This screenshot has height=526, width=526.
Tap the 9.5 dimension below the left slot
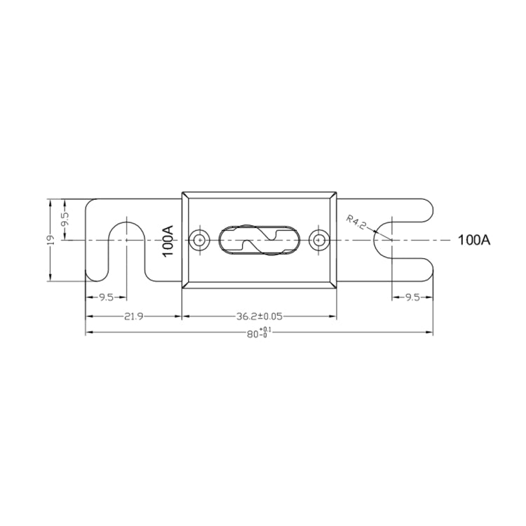(106, 297)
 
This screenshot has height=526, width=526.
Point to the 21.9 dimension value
(134, 316)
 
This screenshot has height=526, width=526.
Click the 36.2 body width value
(247, 316)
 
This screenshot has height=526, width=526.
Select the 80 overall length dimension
(252, 335)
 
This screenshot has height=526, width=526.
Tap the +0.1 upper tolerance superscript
(264, 330)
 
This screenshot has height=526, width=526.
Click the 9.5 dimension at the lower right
(412, 297)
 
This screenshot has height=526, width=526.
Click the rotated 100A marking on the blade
(168, 241)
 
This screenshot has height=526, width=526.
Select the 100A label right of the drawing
(473, 241)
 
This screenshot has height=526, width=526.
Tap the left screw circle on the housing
(201, 240)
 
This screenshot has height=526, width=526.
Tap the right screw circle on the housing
(320, 240)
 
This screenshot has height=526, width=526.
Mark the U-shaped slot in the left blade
(126, 245)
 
